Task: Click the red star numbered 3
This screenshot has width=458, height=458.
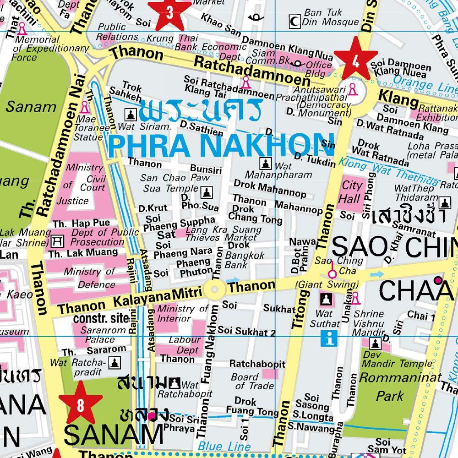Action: point(169,13)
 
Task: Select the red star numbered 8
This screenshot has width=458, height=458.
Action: point(81,404)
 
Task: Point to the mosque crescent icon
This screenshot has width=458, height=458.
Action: point(294,20)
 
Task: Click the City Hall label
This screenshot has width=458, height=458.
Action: point(352,192)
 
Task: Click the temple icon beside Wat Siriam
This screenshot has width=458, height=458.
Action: point(131,114)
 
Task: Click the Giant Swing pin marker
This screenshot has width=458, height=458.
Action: point(333,274)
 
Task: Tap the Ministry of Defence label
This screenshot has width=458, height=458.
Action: point(89,278)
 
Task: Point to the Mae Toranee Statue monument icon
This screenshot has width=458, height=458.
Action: point(84,108)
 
